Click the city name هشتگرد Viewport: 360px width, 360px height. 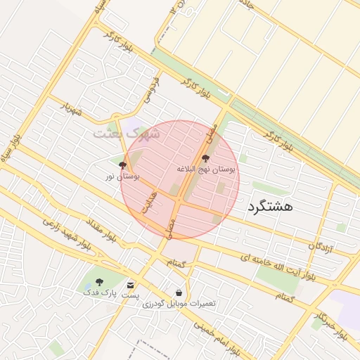270,207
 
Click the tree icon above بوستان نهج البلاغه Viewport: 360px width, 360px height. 205,159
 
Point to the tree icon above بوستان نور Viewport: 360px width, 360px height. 124,166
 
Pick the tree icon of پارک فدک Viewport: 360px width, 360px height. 98,281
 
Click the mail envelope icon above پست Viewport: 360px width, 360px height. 131,284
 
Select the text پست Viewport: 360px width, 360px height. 131,295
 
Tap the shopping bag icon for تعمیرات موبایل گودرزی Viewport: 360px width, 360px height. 179,292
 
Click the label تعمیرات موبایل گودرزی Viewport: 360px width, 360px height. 179,304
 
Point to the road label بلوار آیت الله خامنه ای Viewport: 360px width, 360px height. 277,264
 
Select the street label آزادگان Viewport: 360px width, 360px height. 321,246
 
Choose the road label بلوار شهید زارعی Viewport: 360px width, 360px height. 67,235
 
